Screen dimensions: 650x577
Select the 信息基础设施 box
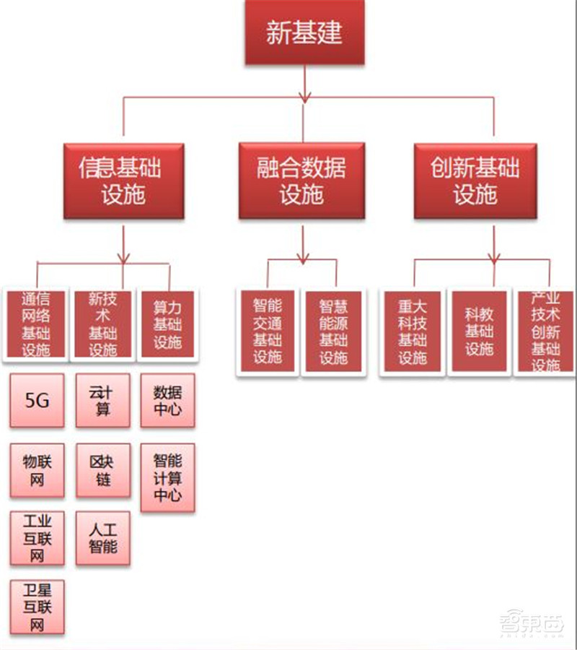[x=123, y=181]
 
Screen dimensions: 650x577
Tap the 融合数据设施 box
[x=301, y=181]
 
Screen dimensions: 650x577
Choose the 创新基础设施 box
[x=475, y=181]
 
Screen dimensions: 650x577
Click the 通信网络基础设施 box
[x=36, y=324]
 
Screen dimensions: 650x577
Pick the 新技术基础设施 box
[x=102, y=324]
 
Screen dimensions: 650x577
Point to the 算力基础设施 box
[x=167, y=324]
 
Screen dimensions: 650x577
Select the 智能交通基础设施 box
[x=267, y=331]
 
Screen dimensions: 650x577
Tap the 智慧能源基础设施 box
[x=333, y=331]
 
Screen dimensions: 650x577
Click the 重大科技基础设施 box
[x=413, y=331]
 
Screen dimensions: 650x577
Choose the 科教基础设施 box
[x=479, y=331]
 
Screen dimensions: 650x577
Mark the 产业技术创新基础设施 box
[x=545, y=331]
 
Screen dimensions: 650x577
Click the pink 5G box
[x=37, y=400]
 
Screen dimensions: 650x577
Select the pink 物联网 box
[x=37, y=470]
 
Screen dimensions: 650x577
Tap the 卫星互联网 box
[x=37, y=607]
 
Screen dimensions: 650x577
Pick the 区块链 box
[x=103, y=470]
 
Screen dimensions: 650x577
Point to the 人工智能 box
[x=103, y=539]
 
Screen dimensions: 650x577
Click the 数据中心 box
[x=167, y=400]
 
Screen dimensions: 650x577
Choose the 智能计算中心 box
[x=167, y=477]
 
